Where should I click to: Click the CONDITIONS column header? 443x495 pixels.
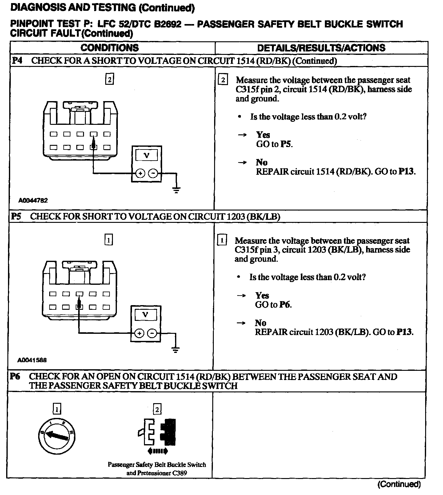pos(110,48)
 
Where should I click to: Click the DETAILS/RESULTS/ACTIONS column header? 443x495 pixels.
pos(321,48)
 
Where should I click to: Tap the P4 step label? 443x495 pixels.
pos(17,60)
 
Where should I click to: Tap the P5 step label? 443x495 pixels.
pos(16,216)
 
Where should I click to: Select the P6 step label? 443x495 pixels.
pos(15,376)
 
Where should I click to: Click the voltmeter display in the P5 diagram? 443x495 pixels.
pos(146,315)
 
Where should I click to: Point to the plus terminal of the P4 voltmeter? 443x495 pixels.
pos(140,174)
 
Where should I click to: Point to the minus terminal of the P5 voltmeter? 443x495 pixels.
pos(152,333)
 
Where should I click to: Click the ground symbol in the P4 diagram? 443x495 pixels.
pos(176,190)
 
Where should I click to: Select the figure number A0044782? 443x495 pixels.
pos(33,201)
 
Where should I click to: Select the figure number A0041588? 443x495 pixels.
pos(32,360)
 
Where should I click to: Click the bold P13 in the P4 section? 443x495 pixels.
pos(406,171)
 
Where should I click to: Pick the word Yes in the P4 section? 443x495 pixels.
pos(263,135)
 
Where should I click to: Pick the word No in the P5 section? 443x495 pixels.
pos(260,323)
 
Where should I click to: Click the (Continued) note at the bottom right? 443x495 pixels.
pos(399,484)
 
